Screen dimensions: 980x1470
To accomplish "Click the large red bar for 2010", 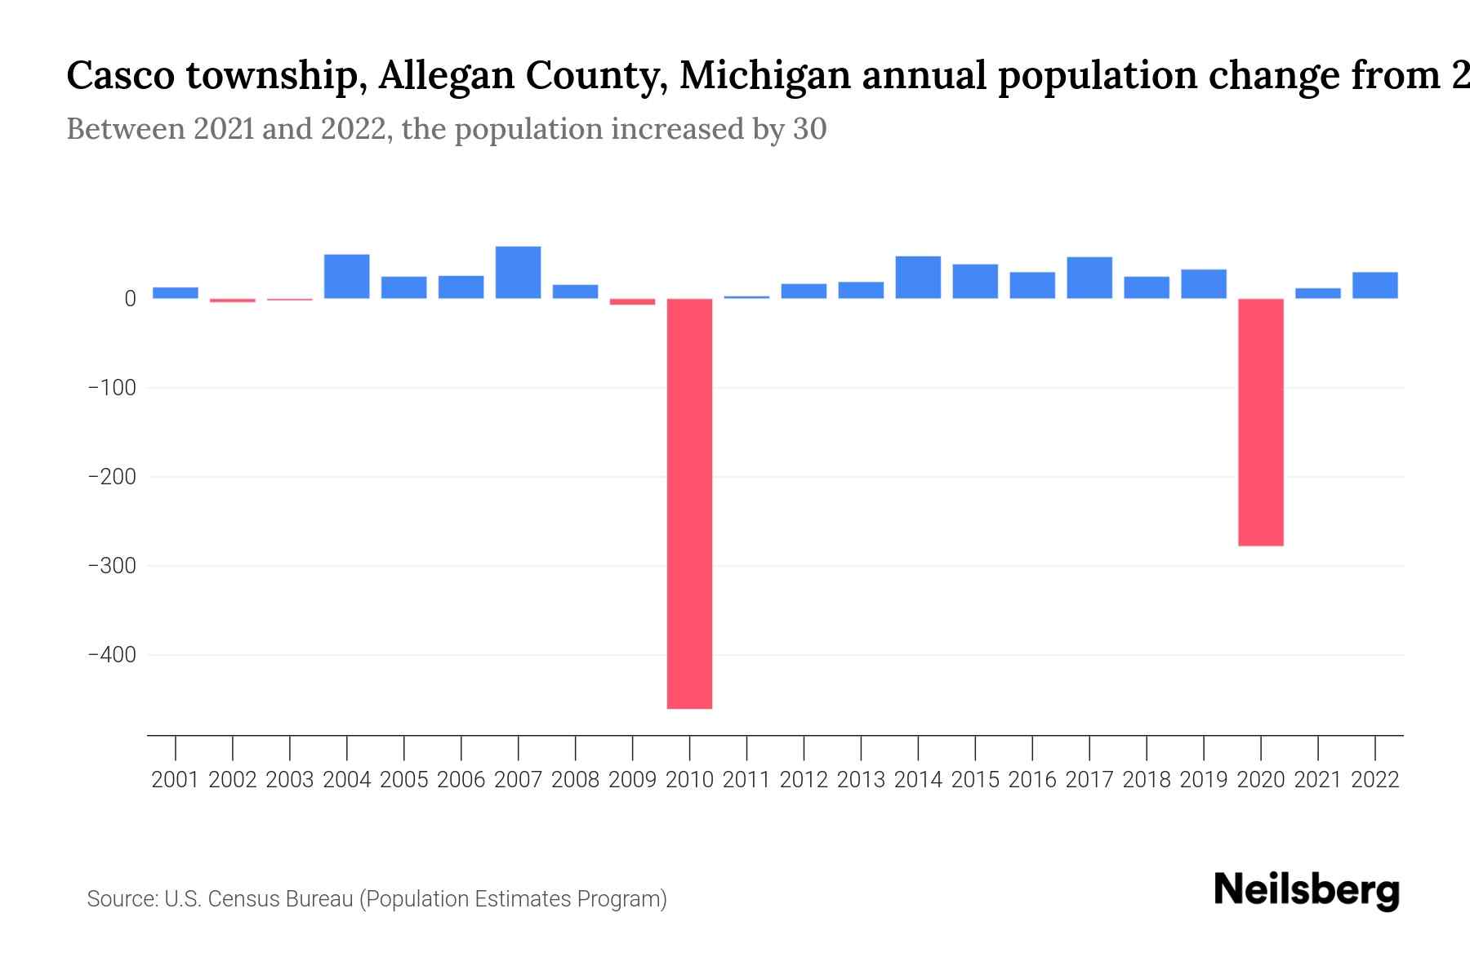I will coord(689,503).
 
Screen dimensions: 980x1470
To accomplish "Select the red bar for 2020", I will coord(1260,421).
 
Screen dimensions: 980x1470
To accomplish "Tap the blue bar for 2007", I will coord(518,272).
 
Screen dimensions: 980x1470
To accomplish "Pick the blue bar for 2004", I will coord(346,276).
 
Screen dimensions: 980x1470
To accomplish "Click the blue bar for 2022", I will coord(1374,285).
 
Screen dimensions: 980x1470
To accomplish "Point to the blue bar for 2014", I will coord(918,277).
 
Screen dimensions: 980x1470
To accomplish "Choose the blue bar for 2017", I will coord(1089,278).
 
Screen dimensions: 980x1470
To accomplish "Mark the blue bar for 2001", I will coord(176,292).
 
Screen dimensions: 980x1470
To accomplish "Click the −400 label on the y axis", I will coord(112,655).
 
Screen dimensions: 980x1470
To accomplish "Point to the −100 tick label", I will coord(112,388).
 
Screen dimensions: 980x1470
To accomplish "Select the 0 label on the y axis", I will coord(130,299).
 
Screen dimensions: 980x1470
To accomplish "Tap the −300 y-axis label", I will coord(112,566).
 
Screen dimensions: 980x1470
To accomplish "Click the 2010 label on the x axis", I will coord(689,780).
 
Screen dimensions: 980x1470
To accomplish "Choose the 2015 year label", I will coord(975,780).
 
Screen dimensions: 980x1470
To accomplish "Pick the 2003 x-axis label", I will coord(290,780).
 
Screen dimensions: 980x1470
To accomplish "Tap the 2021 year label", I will coord(1317,780).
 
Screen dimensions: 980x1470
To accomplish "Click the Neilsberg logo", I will coord(1307,890).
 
